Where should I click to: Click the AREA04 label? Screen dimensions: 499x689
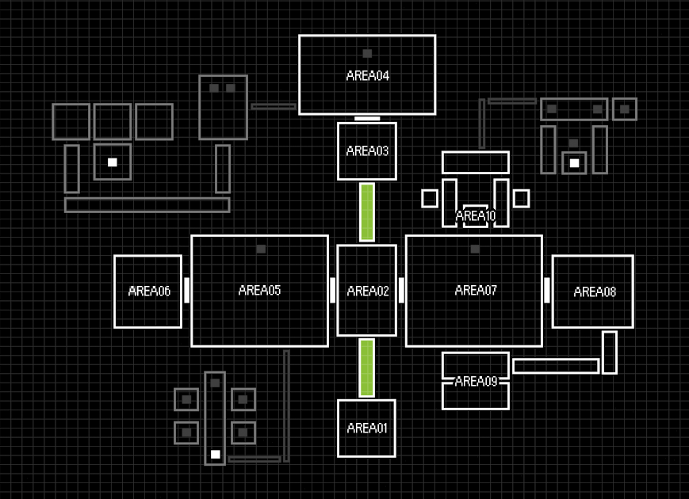367,76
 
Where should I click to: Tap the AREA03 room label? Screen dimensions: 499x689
367,150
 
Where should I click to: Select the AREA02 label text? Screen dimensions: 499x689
368,291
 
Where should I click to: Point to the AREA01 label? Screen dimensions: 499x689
367,429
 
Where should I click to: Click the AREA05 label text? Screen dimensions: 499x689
259,290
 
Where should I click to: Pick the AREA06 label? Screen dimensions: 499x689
149,291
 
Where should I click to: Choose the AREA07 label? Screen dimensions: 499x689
476,291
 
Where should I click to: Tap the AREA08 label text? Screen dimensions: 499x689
595,291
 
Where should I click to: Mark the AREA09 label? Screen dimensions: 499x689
476,381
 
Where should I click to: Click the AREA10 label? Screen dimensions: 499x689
475,215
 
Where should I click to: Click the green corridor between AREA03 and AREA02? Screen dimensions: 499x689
367,211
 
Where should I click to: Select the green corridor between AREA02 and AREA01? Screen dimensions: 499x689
367,368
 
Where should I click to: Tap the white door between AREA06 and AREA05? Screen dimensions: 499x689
187,290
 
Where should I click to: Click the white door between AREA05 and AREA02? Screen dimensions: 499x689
333,290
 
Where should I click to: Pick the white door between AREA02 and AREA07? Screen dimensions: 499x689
401,290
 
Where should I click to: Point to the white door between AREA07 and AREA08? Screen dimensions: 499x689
547,290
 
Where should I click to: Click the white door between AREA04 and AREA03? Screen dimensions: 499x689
367,118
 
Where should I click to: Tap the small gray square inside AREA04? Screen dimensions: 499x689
367,54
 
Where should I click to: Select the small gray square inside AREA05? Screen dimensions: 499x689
261,249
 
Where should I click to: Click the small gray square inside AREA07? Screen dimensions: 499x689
475,249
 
